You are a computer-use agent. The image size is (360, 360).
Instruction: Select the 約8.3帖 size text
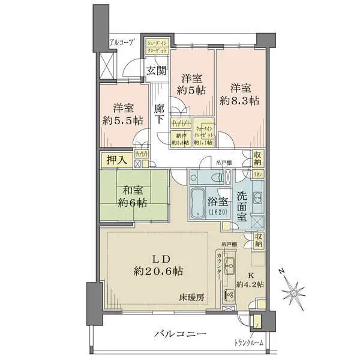(x=238, y=101)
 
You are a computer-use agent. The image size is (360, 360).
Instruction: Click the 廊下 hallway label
(x=159, y=114)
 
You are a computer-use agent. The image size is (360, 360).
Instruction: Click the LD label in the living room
(x=158, y=258)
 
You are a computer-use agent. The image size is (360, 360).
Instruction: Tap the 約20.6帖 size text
(x=158, y=271)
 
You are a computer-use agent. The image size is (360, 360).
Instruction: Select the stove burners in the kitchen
(x=229, y=295)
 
